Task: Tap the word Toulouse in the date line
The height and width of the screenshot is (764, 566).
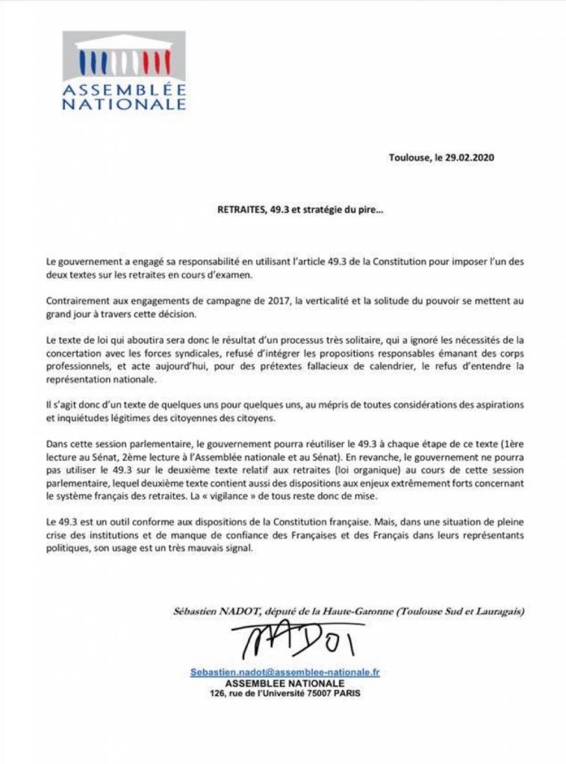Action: click(409, 157)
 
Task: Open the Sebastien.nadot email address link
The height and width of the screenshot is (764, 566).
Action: click(284, 671)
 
